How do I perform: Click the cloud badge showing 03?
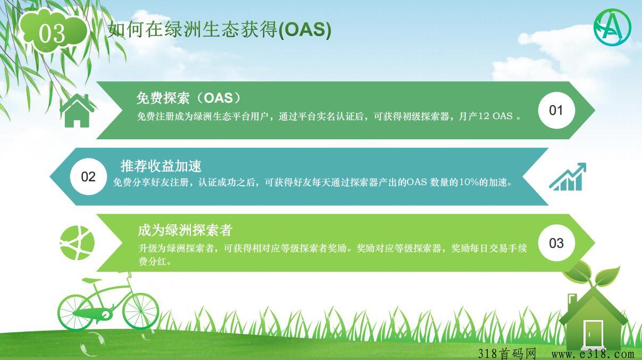pyautogui.click(x=54, y=31)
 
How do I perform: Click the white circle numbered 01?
pyautogui.click(x=556, y=111)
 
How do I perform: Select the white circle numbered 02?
pyautogui.click(x=88, y=177)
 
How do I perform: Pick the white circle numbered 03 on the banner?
pyautogui.click(x=556, y=243)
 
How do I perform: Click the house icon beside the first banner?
pyautogui.click(x=77, y=111)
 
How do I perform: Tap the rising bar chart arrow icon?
pyautogui.click(x=568, y=177)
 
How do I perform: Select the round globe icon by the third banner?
pyautogui.click(x=77, y=243)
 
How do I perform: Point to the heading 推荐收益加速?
pyautogui.click(x=161, y=166)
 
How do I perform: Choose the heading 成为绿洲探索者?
pyautogui.click(x=185, y=230)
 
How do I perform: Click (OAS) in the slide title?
pyautogui.click(x=305, y=30)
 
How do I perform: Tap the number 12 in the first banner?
pyautogui.click(x=483, y=116)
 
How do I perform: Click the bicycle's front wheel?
pyautogui.click(x=141, y=311)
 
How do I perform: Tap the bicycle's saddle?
pyautogui.click(x=91, y=280)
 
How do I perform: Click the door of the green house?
pyautogui.click(x=593, y=333)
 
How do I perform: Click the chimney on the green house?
pyautogui.click(x=572, y=303)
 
